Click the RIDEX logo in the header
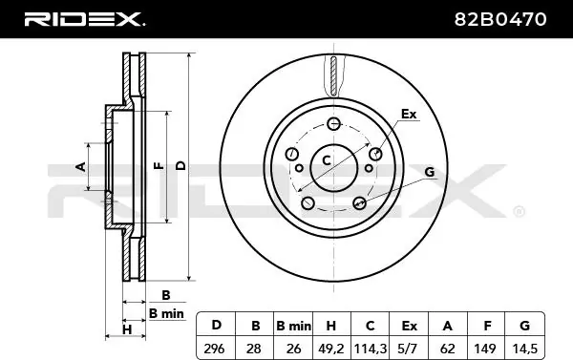click(84, 19)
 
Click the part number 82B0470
click(500, 19)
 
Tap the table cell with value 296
click(216, 348)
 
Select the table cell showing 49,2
click(331, 348)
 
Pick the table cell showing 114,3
click(370, 348)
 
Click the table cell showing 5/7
click(409, 348)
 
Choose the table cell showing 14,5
click(524, 348)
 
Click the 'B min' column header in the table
click(293, 326)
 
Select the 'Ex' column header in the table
click(409, 326)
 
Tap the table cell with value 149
click(486, 348)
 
